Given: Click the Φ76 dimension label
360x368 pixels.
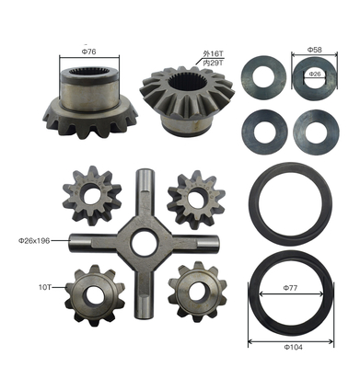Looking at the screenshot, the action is (x=88, y=52).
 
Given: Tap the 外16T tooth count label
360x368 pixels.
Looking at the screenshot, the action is (x=214, y=53).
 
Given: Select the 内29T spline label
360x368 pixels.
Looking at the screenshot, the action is (x=214, y=63).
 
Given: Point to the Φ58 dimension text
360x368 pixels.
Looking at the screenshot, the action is (x=314, y=50).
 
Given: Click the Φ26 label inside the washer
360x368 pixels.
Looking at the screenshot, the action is (x=315, y=74).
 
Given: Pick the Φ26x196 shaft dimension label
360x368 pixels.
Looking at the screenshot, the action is (x=34, y=241).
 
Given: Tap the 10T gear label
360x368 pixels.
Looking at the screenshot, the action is (x=45, y=287).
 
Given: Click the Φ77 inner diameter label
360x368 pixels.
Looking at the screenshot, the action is (x=290, y=288).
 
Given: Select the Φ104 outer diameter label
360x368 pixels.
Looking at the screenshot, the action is (x=293, y=347).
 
